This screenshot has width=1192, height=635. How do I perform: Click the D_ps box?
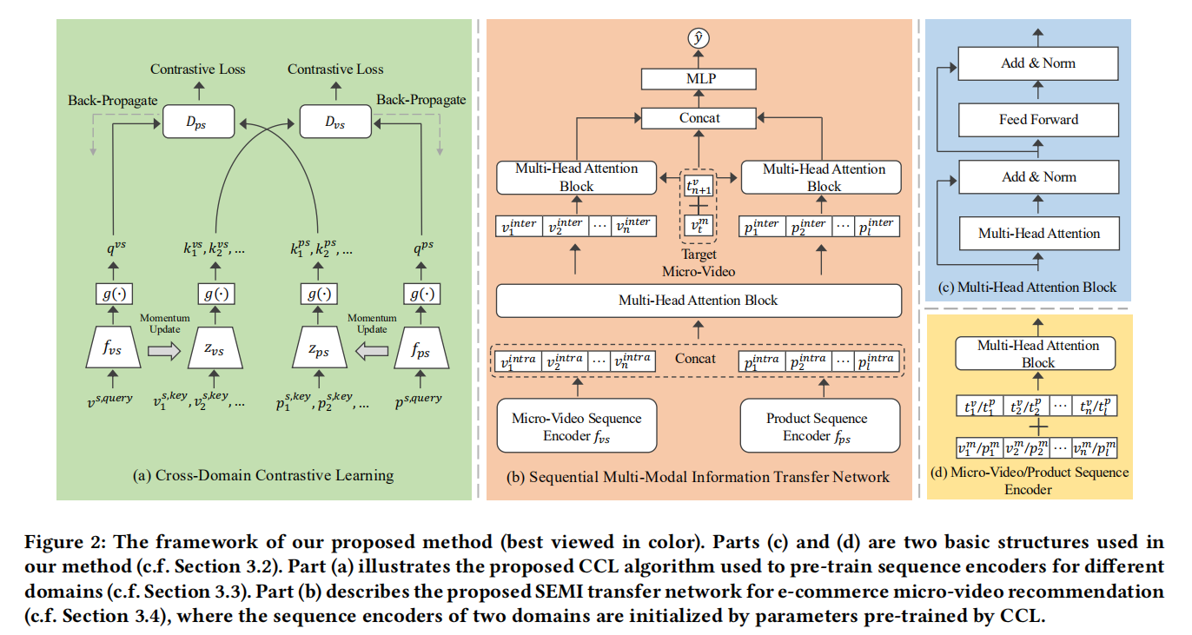click(x=199, y=122)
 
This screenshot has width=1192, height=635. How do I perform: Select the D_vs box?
click(x=335, y=122)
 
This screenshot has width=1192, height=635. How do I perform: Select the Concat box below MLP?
click(x=699, y=117)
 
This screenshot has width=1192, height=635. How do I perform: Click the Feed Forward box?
click(x=1038, y=120)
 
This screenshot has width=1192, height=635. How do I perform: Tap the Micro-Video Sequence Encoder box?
click(x=576, y=427)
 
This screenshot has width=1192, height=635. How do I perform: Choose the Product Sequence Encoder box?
click(x=818, y=427)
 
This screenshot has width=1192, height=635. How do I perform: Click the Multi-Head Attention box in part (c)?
click(x=1038, y=233)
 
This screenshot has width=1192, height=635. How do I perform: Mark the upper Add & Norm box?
click(x=1038, y=63)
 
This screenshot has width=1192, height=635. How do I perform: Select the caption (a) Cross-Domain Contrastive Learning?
click(x=264, y=475)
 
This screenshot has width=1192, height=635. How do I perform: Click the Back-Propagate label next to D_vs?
click(x=421, y=100)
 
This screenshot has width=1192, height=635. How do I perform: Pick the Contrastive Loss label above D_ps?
click(x=197, y=69)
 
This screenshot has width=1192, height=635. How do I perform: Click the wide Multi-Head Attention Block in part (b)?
click(x=699, y=301)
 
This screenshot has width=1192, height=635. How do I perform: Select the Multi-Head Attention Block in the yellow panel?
click(x=1038, y=354)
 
